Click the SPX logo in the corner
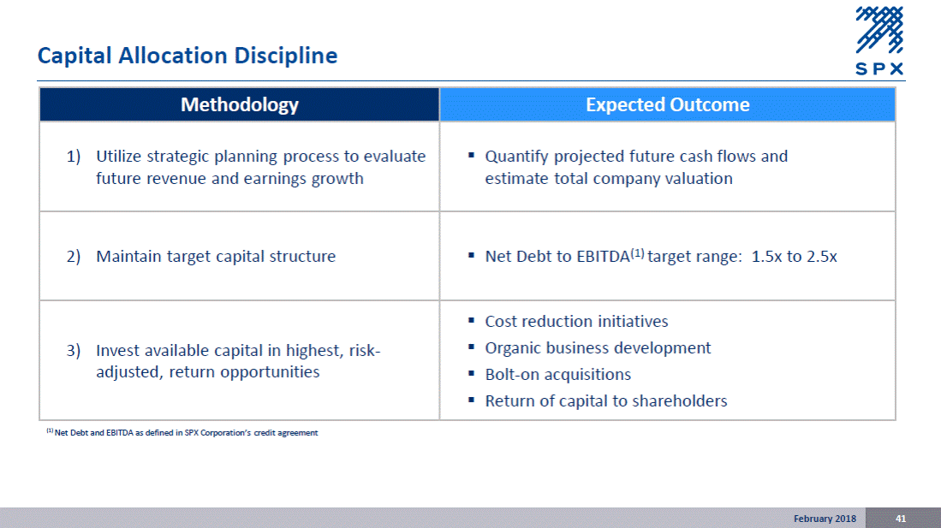(x=879, y=41)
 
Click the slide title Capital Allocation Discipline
(x=188, y=56)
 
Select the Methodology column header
(x=240, y=104)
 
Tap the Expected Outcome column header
(x=667, y=104)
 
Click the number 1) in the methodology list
(x=74, y=157)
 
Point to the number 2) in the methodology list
(x=74, y=257)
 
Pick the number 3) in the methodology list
(x=74, y=350)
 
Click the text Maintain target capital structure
(x=216, y=257)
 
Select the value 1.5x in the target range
(x=766, y=257)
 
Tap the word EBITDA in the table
(x=603, y=257)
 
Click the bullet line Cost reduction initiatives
(x=576, y=322)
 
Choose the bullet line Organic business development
(x=598, y=348)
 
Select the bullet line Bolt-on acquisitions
(x=558, y=375)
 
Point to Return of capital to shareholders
(x=606, y=400)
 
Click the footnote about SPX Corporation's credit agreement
(x=182, y=433)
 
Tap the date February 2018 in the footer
(x=825, y=519)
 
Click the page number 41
(x=901, y=519)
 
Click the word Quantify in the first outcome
(x=516, y=157)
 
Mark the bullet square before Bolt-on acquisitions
(x=471, y=373)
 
